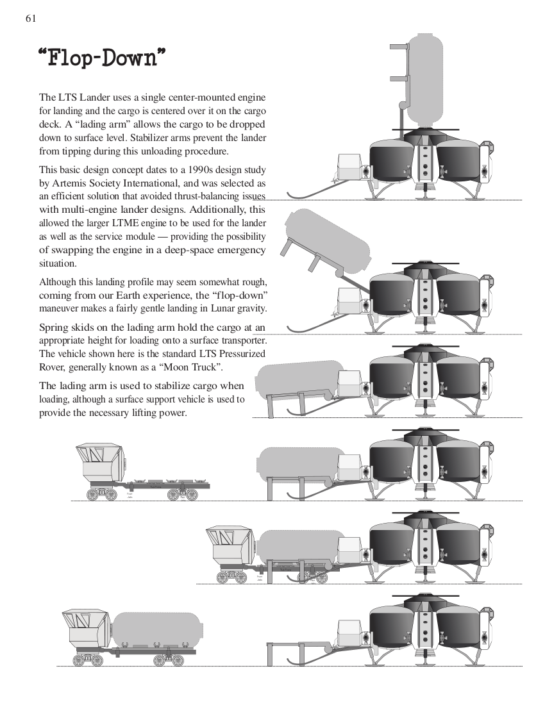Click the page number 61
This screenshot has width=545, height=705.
(x=30, y=18)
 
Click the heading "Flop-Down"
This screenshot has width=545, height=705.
(x=103, y=58)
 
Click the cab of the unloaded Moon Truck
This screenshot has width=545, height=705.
(x=99, y=461)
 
